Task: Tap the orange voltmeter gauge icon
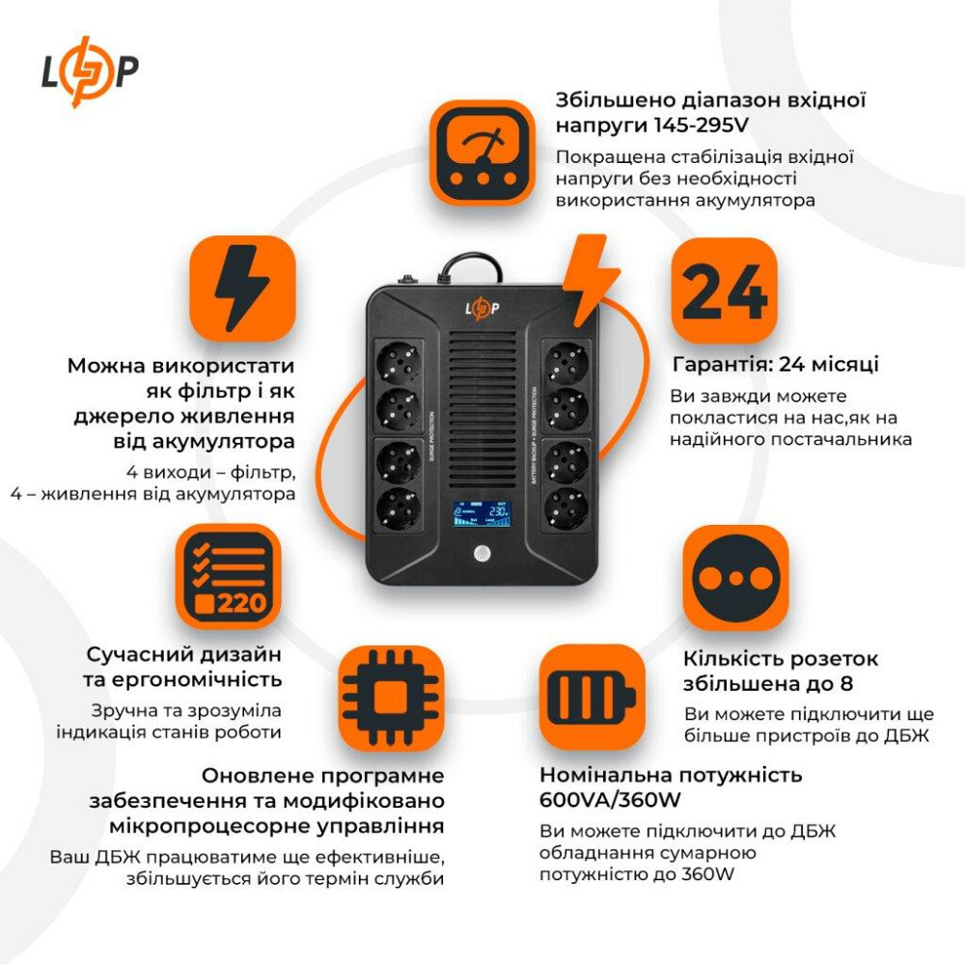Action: (482, 152)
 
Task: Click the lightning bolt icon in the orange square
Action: (241, 289)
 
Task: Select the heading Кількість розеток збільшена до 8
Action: (781, 672)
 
